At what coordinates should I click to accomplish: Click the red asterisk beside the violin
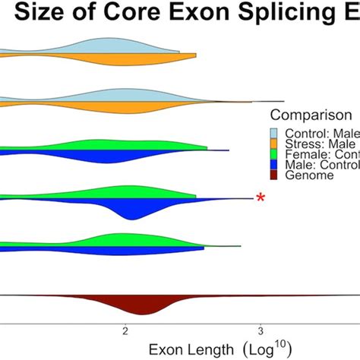261,198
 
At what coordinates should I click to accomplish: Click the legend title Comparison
311,116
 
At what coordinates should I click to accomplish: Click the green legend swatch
277,155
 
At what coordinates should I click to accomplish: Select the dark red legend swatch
277,175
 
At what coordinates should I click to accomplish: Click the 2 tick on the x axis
125,331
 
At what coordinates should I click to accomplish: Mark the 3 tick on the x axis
261,331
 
